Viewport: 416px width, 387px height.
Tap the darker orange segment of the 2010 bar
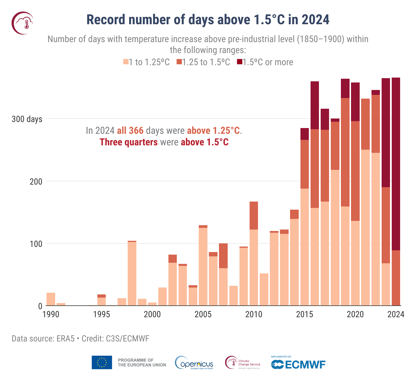pos(254,215)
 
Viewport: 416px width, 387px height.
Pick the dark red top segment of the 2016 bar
pos(315,105)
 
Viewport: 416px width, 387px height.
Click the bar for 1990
pos(51,299)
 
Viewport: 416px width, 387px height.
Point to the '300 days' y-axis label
pos(27,119)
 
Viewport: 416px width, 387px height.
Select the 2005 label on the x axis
pos(203,314)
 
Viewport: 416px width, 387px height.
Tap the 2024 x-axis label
pos(396,314)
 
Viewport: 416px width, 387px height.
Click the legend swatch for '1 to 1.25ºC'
pos(126,62)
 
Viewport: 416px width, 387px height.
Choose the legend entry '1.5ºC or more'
pos(265,62)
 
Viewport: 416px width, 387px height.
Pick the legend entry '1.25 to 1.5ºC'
pos(203,62)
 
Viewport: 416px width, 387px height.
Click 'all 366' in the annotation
pos(130,131)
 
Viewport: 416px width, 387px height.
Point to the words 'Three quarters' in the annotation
pos(129,142)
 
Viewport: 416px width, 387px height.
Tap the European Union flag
pos(102,362)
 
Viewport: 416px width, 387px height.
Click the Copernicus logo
pos(194,363)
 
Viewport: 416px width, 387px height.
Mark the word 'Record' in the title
pos(106,20)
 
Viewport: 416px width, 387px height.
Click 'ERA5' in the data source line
pos(66,339)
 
